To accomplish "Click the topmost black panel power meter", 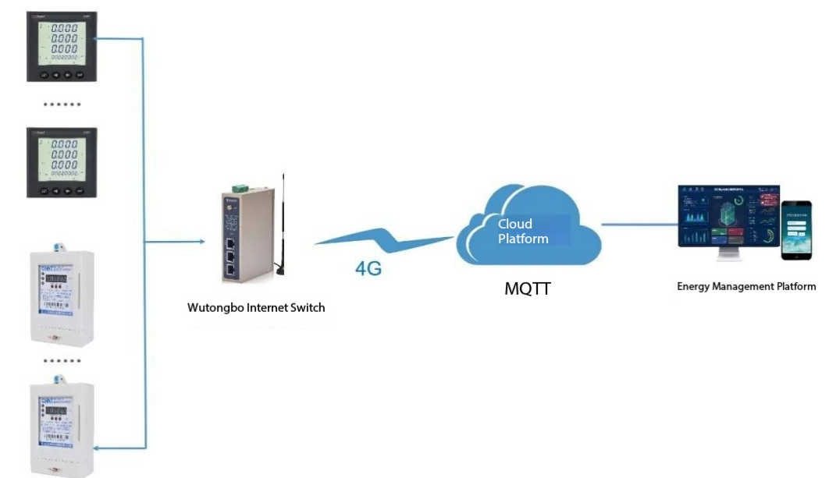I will point(62,46).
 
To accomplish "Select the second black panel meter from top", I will point(62,162).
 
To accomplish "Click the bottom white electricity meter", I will point(62,427).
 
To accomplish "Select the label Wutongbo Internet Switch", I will point(255,307).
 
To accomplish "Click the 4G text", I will point(368,269).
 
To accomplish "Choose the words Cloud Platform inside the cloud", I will point(523,231).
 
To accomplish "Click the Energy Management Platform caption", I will point(745,287).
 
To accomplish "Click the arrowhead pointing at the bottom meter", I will point(98,448).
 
